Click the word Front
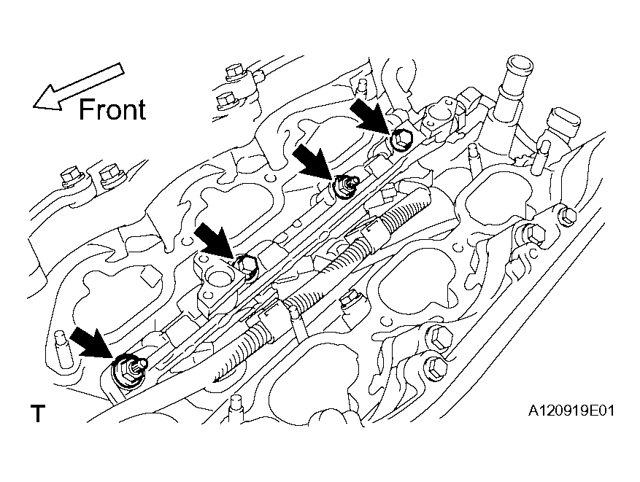112,109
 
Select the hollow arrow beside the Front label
78,87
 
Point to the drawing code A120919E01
571,411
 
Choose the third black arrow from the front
315,162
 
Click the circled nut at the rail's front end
128,370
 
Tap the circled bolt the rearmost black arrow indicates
401,139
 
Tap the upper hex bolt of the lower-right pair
439,338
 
